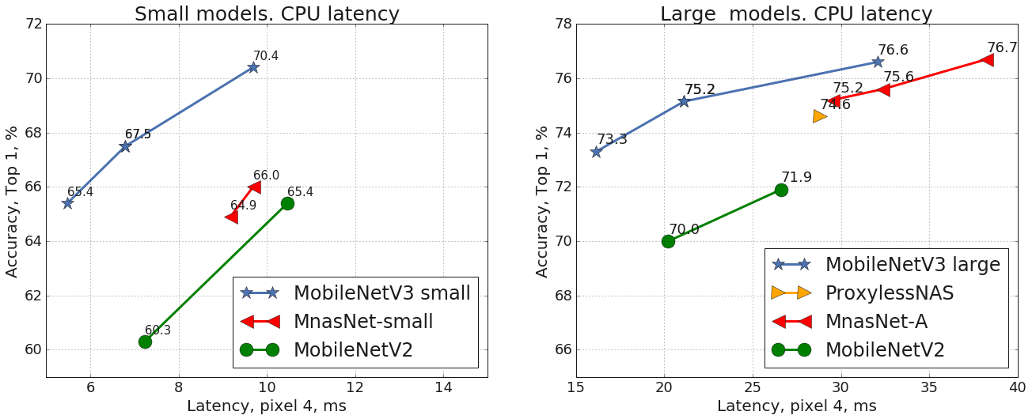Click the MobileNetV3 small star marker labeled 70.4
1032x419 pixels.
point(252,67)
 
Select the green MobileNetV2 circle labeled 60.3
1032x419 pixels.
point(145,342)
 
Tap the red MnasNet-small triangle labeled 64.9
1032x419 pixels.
point(231,217)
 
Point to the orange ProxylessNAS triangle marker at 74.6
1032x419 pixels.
point(819,116)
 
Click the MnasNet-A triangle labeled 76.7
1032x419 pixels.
point(986,60)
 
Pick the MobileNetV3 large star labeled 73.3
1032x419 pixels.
point(596,152)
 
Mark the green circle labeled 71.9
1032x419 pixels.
point(781,190)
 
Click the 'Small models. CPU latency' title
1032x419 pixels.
point(267,13)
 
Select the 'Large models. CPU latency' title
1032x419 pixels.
point(796,13)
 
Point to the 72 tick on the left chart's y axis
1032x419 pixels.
point(32,25)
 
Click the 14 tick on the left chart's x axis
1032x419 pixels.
point(443,387)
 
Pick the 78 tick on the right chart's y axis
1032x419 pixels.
point(562,25)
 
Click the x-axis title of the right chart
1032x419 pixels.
point(796,406)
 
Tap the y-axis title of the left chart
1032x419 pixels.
point(13,201)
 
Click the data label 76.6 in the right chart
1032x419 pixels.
point(893,50)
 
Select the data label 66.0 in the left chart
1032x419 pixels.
point(266,176)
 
